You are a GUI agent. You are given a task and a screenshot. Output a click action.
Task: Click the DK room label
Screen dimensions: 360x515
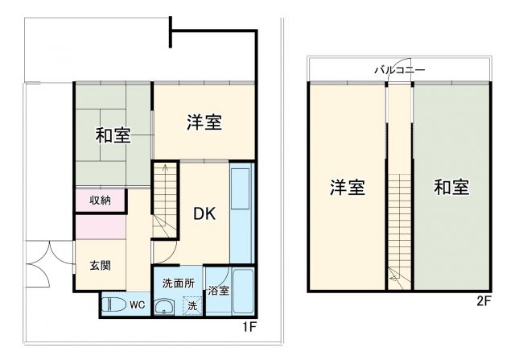coord(204,214)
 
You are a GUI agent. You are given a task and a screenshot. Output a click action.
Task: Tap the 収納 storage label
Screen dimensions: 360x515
coord(101,200)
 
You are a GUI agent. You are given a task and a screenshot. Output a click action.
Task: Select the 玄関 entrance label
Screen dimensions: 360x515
coord(101,266)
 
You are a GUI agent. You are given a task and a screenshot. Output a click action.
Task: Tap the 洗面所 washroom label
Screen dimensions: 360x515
coord(178,283)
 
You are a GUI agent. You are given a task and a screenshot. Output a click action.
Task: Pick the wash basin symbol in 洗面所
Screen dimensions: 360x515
coord(165,306)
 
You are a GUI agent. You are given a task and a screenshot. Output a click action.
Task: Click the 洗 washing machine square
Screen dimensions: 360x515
coord(192,306)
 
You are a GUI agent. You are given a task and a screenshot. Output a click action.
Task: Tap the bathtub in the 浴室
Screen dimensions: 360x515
coord(243,291)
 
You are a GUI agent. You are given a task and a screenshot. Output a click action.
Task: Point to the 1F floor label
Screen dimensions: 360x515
coord(249,328)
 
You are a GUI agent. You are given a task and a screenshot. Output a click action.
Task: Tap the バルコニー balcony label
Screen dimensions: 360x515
coord(400,71)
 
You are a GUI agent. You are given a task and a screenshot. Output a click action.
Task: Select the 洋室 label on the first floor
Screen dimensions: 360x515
coord(204,122)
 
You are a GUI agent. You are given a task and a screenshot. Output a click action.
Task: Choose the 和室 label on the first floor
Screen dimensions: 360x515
coord(113,134)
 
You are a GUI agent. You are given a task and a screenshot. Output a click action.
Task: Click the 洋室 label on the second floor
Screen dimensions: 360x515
coord(348,188)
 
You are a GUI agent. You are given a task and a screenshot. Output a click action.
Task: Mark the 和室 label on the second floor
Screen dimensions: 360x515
coord(451,188)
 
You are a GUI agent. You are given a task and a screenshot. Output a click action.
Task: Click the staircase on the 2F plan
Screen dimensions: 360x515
coord(400,226)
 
